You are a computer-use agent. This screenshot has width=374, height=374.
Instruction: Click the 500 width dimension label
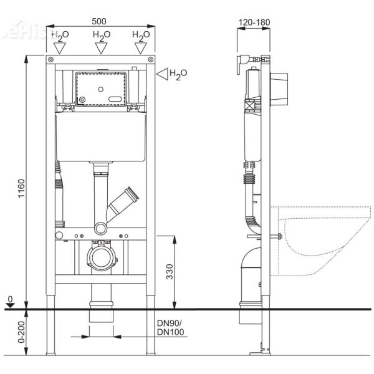point(100,14)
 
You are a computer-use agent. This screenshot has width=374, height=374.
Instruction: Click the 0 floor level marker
point(9,299)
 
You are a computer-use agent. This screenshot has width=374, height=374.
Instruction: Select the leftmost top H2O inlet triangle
point(60,47)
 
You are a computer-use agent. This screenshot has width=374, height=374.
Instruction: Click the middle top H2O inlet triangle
point(100,47)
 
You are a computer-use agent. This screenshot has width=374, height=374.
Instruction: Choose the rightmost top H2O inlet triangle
point(141,47)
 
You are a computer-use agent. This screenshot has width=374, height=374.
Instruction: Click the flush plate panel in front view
point(100,88)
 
